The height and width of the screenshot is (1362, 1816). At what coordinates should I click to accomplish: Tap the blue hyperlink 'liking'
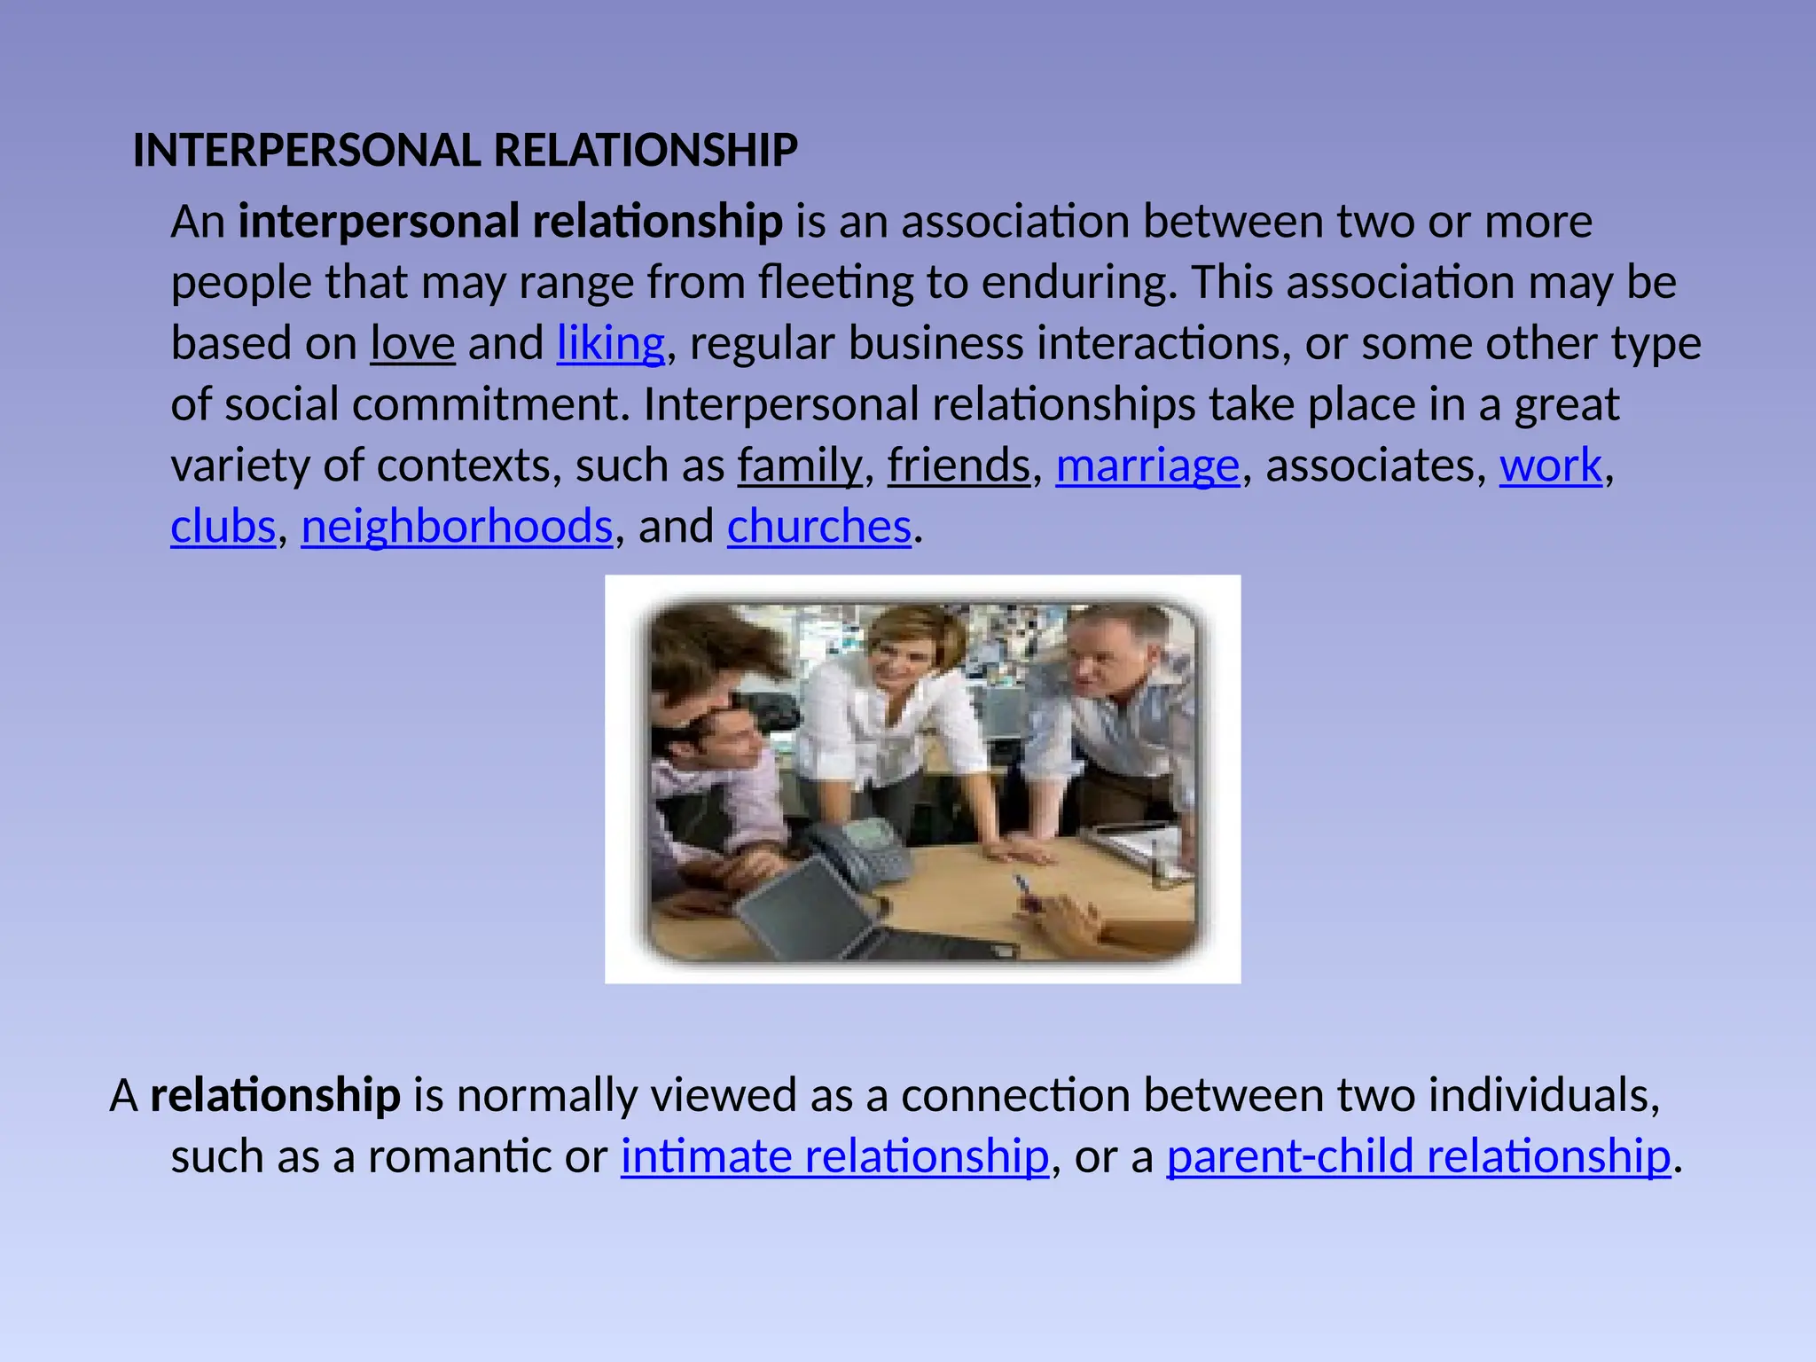tap(610, 343)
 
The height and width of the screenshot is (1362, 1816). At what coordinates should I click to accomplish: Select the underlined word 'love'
tap(412, 343)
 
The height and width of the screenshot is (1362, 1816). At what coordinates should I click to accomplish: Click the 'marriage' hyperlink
tap(1147, 466)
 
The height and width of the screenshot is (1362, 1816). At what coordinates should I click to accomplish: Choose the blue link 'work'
tap(1551, 466)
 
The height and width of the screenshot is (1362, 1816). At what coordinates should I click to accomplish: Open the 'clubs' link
tap(223, 527)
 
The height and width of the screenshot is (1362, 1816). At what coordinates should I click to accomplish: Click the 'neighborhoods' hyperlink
tap(457, 527)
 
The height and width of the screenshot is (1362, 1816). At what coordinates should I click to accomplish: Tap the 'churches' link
tap(818, 527)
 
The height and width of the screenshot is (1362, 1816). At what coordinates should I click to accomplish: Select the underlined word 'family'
tap(800, 466)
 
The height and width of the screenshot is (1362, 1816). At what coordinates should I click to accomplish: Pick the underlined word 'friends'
tap(959, 466)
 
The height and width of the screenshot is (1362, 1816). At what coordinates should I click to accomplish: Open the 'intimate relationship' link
tap(834, 1156)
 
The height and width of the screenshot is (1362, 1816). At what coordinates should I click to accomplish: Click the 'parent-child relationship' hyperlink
tap(1418, 1156)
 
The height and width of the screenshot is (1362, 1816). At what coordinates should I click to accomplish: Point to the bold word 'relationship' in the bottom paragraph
tap(275, 1095)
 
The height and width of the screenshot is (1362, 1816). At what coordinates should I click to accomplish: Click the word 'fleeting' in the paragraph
tap(835, 283)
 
